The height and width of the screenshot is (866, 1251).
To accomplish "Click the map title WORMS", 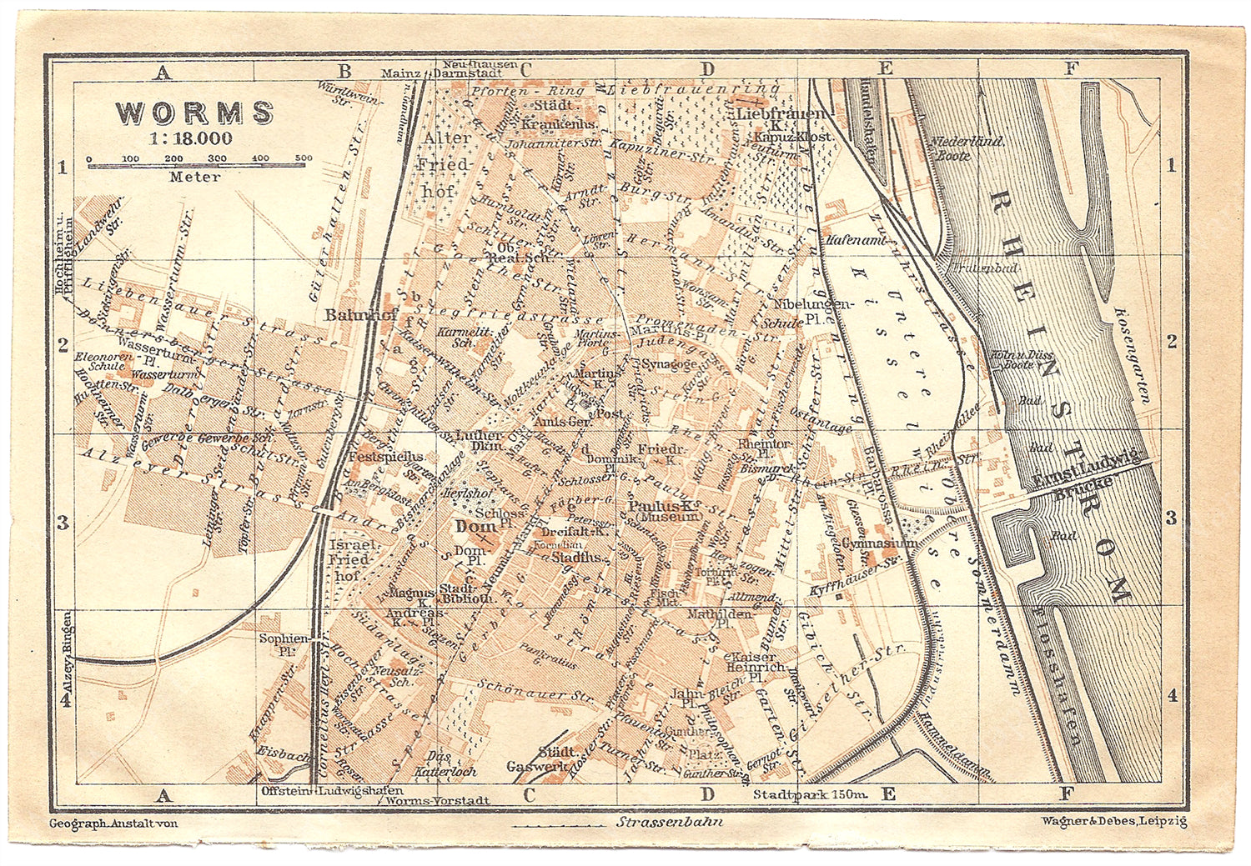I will tap(194, 113).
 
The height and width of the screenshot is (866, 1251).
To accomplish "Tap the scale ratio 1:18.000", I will tap(191, 138).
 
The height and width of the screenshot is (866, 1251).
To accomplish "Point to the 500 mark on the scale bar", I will tap(304, 158).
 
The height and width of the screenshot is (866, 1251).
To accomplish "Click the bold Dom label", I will tap(472, 526).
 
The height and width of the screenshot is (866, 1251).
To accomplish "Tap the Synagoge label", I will tap(669, 364).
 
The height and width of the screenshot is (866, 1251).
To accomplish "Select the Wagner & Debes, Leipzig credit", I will tap(1113, 821).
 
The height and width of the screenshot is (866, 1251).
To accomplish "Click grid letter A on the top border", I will tap(163, 73).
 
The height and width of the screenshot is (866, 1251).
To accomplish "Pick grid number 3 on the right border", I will tap(1171, 518).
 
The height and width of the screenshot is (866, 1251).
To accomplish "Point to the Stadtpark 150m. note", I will tap(810, 794).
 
